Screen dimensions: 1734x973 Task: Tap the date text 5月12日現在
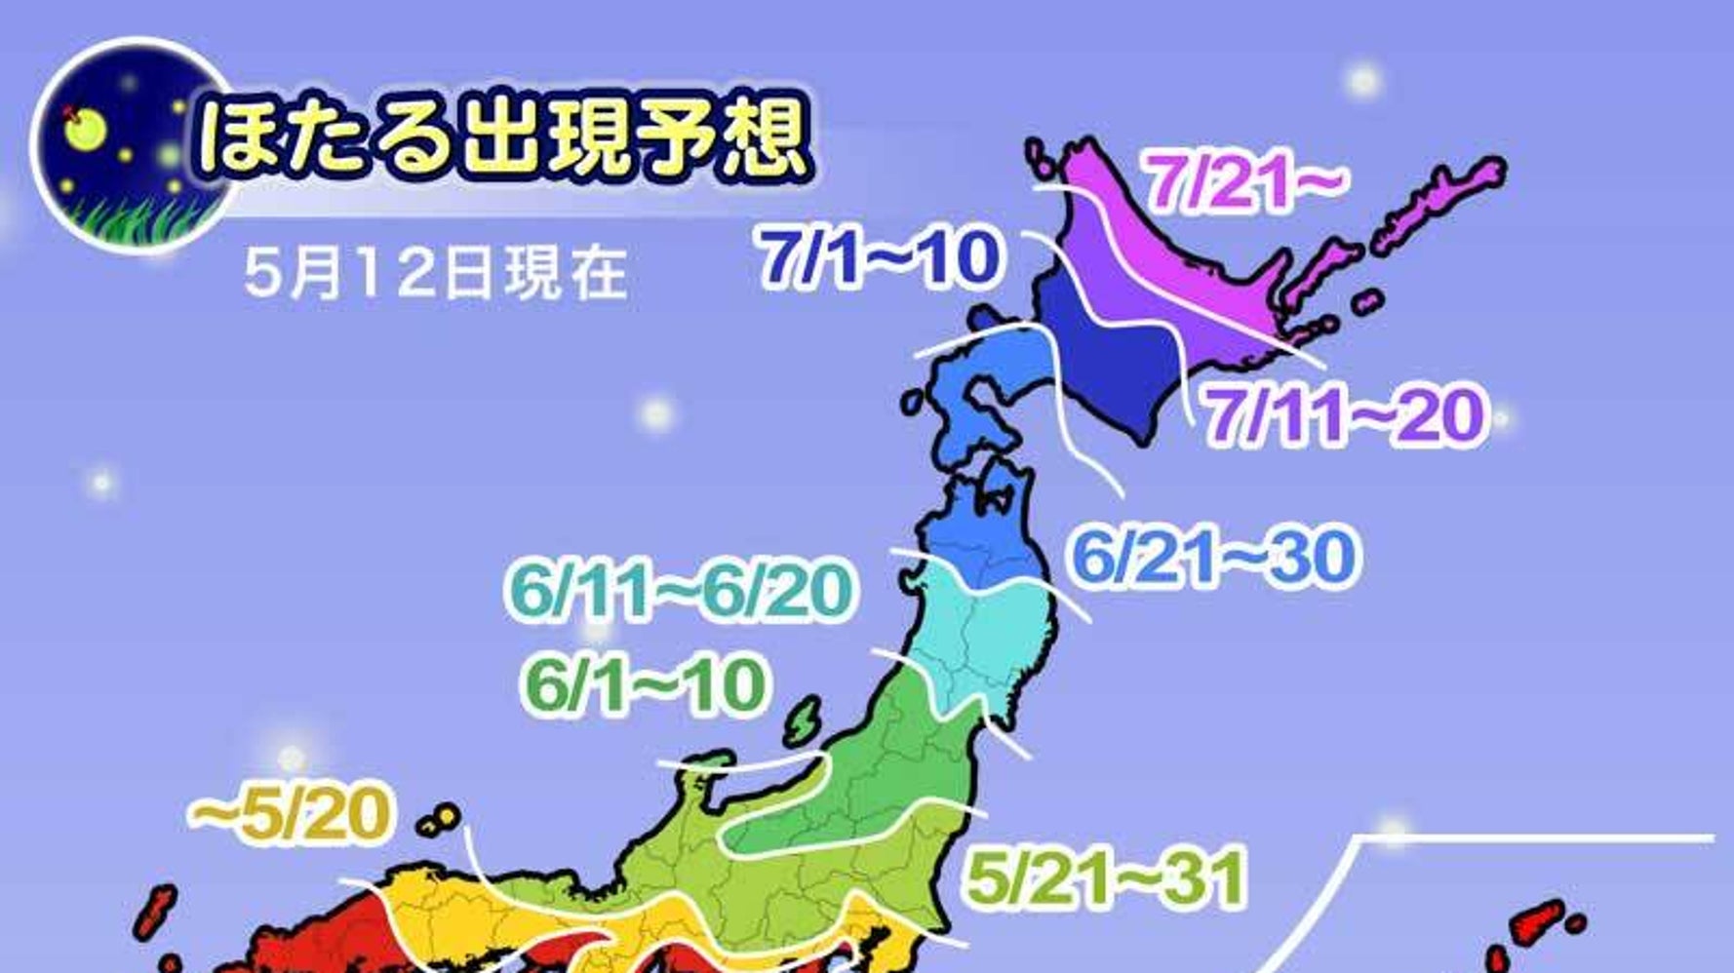click(435, 272)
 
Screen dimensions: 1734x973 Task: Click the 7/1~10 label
click(881, 259)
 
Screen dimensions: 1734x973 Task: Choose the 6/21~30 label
click(1213, 558)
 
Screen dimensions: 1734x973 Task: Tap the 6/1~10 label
click(645, 685)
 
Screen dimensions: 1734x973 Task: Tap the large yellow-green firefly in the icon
click(85, 127)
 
